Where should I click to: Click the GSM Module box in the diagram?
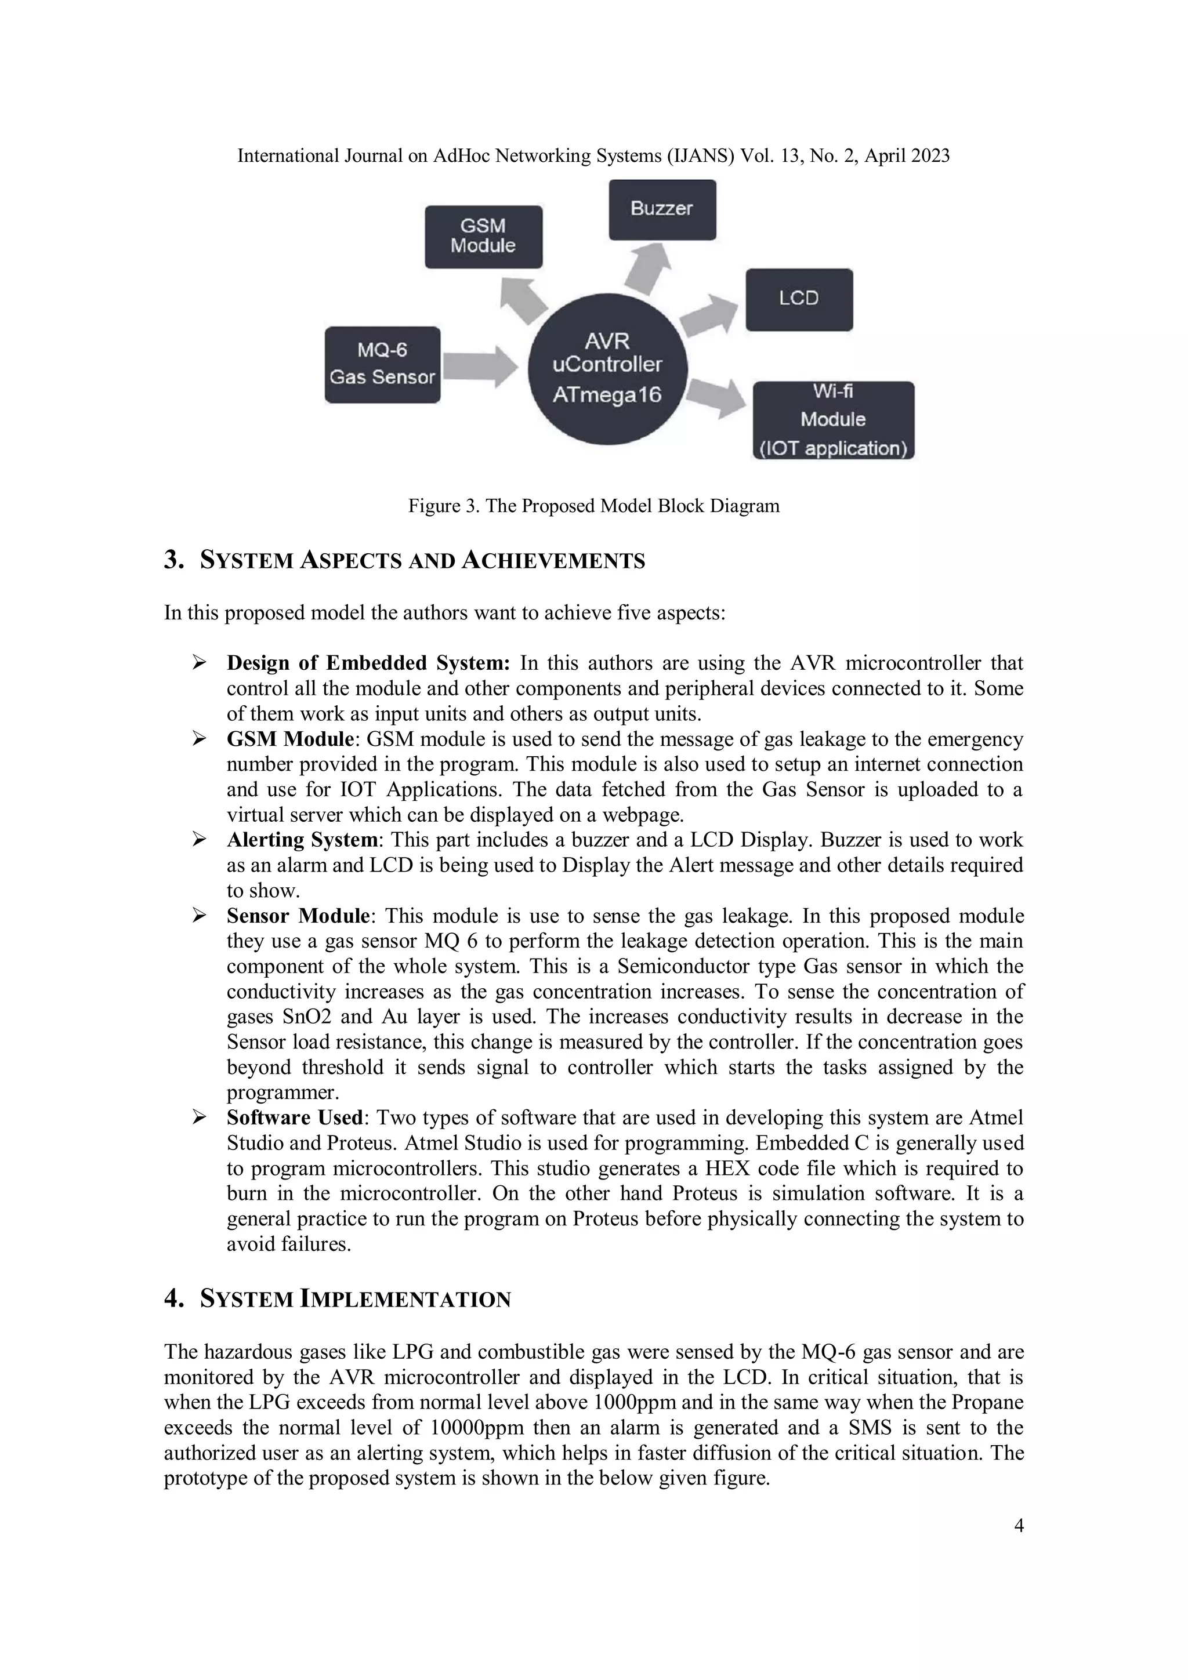pos(483,237)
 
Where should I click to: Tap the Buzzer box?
pos(662,209)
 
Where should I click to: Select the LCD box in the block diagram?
pos(799,299)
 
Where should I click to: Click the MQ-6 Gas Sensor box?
pos(382,364)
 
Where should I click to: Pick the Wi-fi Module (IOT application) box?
pos(833,420)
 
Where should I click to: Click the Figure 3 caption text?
pos(593,506)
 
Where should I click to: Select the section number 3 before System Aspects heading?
pos(173,561)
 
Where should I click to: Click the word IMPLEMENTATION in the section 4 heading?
pos(405,1300)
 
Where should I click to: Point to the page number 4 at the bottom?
pos(1018,1526)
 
